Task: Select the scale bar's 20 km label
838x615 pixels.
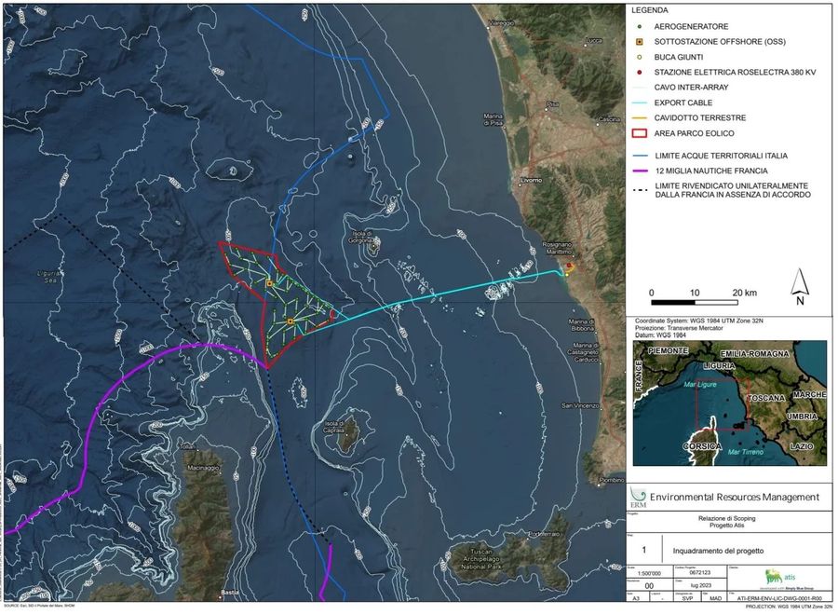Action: (745, 293)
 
